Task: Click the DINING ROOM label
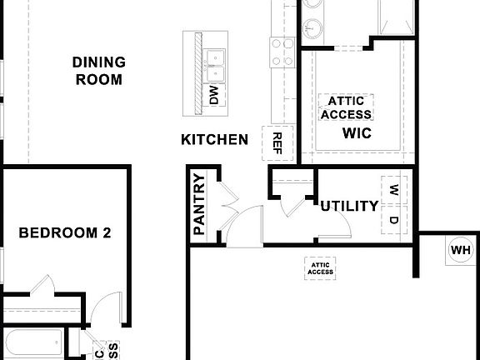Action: (98, 72)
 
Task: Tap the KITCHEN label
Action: (214, 139)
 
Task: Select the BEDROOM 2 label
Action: (65, 232)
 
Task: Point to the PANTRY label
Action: (199, 203)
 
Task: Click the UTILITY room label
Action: (349, 206)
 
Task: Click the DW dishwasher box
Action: (214, 96)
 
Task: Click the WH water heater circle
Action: (461, 250)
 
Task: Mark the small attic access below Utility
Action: (321, 266)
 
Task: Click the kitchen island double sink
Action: (217, 57)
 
